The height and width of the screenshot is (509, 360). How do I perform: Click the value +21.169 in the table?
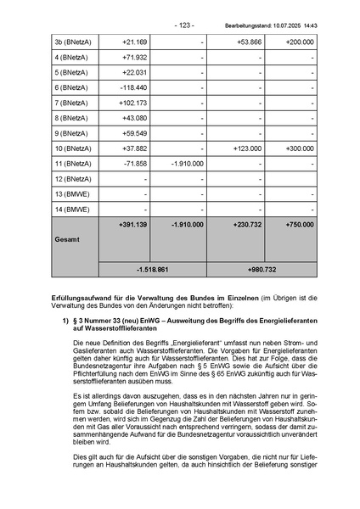[135, 41]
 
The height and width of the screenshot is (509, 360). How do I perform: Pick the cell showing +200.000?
[299, 41]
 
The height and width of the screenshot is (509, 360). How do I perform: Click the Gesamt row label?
[67, 240]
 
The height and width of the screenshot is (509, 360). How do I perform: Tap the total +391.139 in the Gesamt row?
[133, 225]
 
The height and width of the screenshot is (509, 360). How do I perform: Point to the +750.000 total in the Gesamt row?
[299, 225]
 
